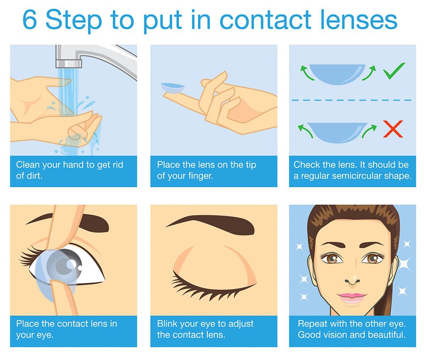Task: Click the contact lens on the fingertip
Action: click(x=173, y=88)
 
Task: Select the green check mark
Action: click(x=394, y=71)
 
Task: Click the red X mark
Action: click(x=393, y=129)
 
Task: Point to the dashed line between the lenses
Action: click(x=351, y=100)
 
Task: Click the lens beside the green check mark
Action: click(x=337, y=74)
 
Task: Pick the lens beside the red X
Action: click(x=337, y=132)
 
